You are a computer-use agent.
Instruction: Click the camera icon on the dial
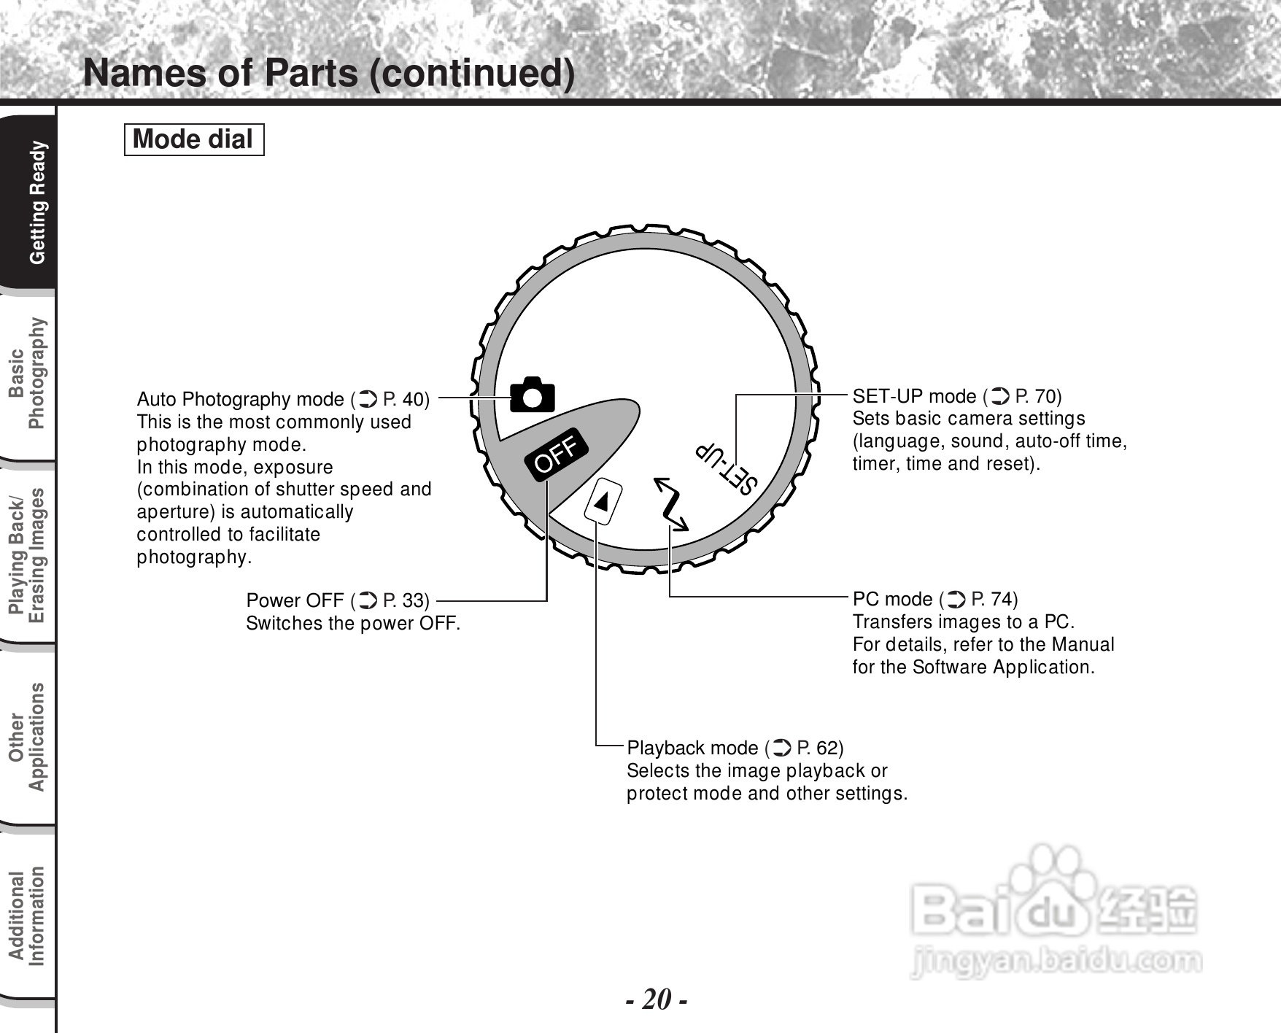(533, 395)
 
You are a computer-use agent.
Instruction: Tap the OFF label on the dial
(557, 454)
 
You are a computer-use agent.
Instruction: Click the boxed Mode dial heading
(193, 139)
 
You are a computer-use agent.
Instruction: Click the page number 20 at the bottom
(657, 999)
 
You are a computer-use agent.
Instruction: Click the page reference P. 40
(405, 399)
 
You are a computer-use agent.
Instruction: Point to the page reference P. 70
(1037, 396)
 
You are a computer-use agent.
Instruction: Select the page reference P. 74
(994, 599)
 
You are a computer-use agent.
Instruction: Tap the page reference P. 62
(819, 748)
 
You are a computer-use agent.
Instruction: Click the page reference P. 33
(405, 600)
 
